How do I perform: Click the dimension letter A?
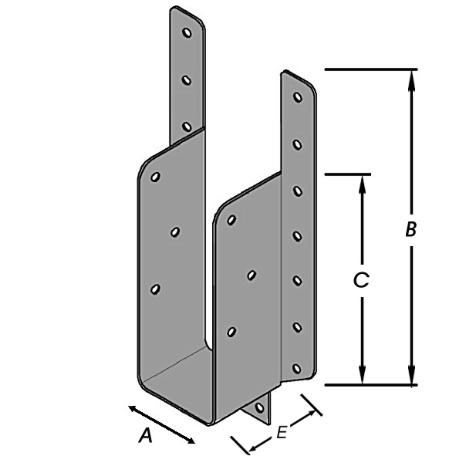click(x=146, y=436)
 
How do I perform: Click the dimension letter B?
click(x=411, y=229)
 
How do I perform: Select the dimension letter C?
click(x=361, y=280)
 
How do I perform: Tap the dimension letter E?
click(x=282, y=432)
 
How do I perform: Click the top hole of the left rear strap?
click(x=187, y=32)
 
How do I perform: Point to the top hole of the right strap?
click(x=297, y=97)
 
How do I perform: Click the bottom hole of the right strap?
click(x=296, y=369)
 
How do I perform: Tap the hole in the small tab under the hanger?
click(x=259, y=407)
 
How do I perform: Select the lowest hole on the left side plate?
click(x=155, y=289)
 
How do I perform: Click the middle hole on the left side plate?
click(x=175, y=232)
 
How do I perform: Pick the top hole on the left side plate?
click(x=155, y=177)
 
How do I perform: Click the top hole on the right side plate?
click(x=231, y=220)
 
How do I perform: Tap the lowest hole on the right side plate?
click(x=231, y=332)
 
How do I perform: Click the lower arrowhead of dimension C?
click(x=362, y=374)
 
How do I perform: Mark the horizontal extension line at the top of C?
click(x=347, y=174)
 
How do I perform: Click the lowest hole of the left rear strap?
click(x=187, y=127)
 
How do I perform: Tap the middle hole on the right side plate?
click(x=252, y=275)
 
